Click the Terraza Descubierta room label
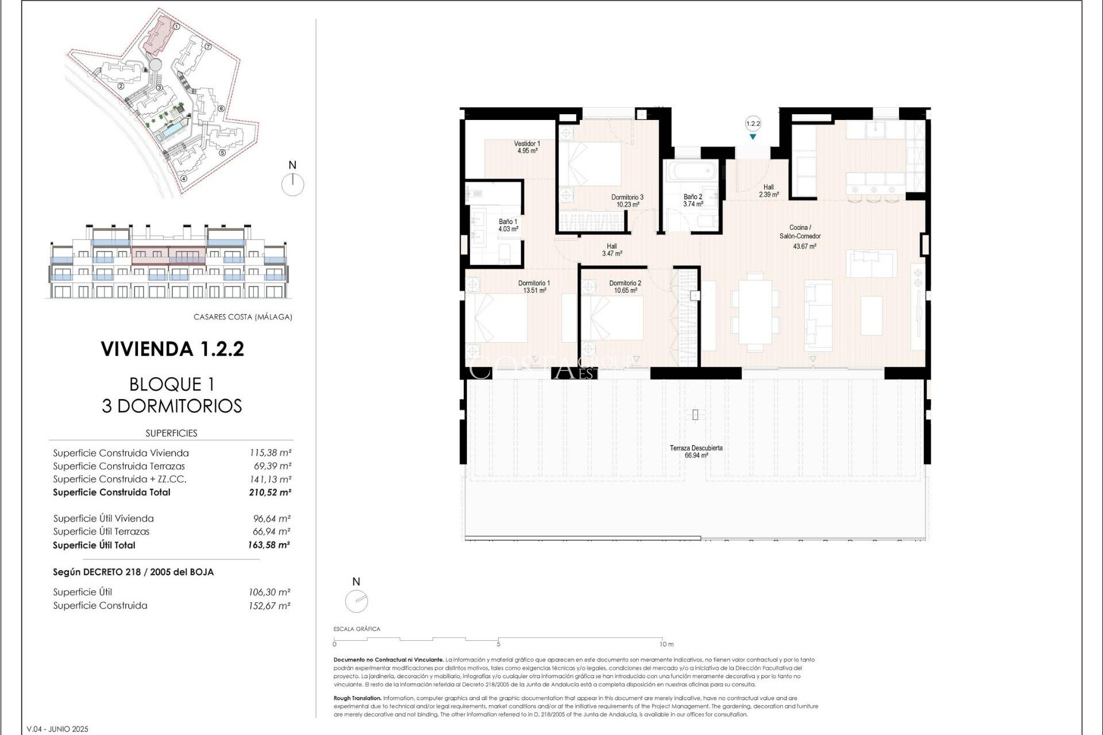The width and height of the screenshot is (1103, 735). pyautogui.click(x=696, y=448)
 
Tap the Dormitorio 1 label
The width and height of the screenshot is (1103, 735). pyautogui.click(x=534, y=283)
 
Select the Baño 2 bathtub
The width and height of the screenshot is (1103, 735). pyautogui.click(x=691, y=171)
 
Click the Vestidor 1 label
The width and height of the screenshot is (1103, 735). pyautogui.click(x=526, y=144)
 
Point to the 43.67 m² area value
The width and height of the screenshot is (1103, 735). pyautogui.click(x=804, y=246)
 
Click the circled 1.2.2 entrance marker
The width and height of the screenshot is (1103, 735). pyautogui.click(x=753, y=123)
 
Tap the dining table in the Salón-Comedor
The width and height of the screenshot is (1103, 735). pyautogui.click(x=755, y=312)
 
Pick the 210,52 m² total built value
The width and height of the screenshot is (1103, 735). pyautogui.click(x=270, y=493)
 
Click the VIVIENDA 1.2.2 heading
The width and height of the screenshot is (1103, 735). pyautogui.click(x=172, y=349)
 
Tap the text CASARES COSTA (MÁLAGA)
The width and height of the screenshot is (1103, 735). pyautogui.click(x=242, y=317)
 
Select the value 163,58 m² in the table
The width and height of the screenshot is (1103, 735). pyautogui.click(x=269, y=546)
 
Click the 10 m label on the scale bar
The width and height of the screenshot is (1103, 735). pyautogui.click(x=666, y=644)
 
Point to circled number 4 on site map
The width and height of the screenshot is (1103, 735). pyautogui.click(x=183, y=179)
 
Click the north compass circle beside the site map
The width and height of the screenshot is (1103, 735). pyautogui.click(x=293, y=185)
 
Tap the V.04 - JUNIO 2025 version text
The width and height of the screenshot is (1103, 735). pyautogui.click(x=57, y=729)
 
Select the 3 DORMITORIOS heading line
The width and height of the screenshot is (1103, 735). pyautogui.click(x=172, y=406)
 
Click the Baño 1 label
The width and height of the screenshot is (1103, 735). pyautogui.click(x=508, y=222)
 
